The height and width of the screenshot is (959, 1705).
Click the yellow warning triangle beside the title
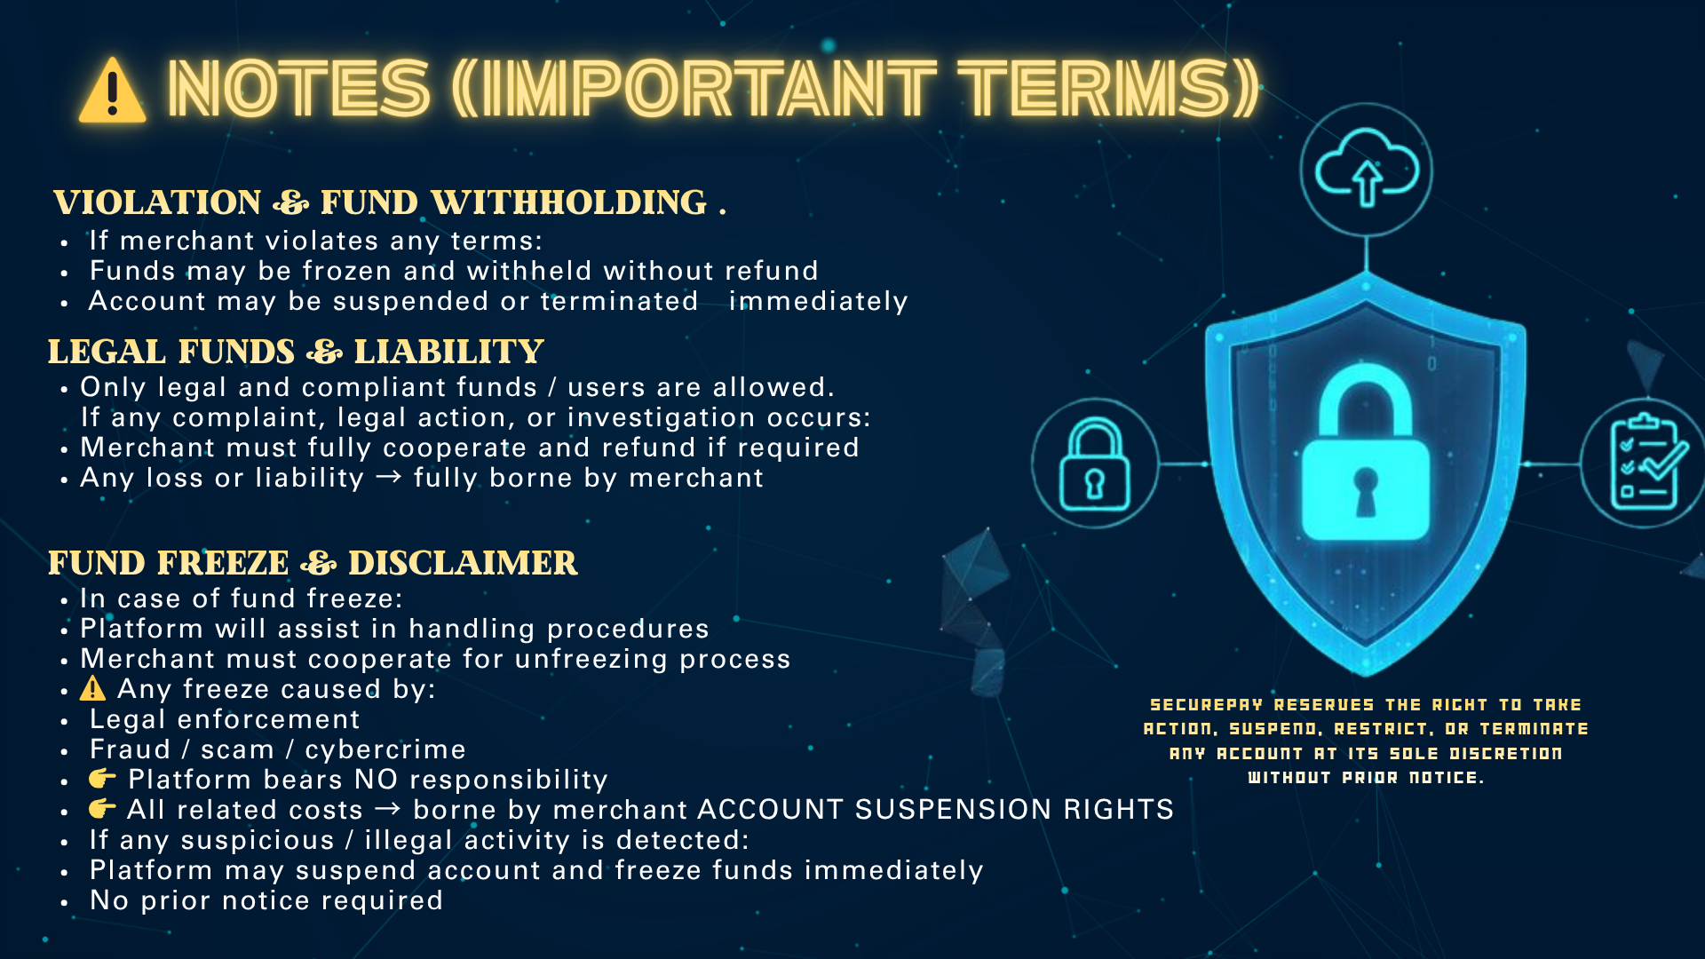pos(112,91)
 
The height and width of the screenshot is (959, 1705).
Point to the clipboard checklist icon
pos(1648,463)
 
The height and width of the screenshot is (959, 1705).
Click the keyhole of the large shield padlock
pos(1366,493)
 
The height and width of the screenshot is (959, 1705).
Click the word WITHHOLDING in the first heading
pos(569,202)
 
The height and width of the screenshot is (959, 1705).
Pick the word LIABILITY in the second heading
pos(448,352)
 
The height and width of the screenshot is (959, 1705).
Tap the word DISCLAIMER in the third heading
pos(463,563)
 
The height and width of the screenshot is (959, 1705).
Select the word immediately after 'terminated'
pos(818,302)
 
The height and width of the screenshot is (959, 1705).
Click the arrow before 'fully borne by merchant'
pos(388,478)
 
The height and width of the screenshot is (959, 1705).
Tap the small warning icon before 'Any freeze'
pos(92,688)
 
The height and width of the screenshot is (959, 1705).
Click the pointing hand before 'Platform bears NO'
pos(102,779)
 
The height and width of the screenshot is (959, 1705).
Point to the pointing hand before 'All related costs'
pos(102,809)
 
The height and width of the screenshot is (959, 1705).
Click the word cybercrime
pos(385,749)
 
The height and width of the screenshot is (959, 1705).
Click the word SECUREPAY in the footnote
pos(1206,705)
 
